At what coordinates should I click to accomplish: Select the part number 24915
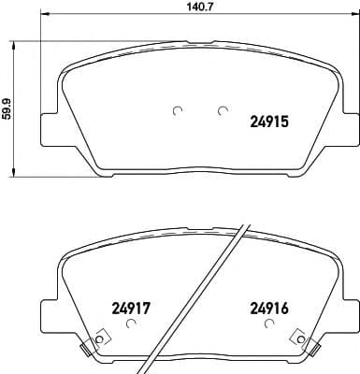pos(270,121)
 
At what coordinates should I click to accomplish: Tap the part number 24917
pos(131,304)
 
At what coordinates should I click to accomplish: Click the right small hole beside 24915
pos(223,110)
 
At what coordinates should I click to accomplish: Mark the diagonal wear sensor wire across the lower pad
pos(195,299)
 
